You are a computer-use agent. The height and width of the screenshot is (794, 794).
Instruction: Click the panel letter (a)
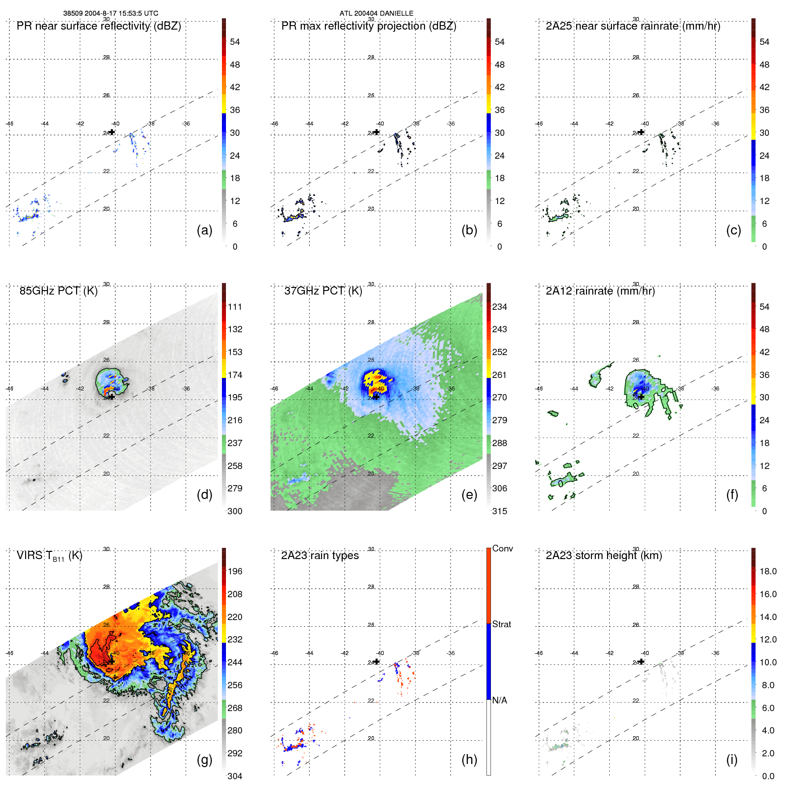(204, 230)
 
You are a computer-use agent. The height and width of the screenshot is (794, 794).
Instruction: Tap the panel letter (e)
(469, 495)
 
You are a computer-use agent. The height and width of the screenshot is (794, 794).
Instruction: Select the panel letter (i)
(732, 759)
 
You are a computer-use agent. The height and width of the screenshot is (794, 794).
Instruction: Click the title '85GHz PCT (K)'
(58, 291)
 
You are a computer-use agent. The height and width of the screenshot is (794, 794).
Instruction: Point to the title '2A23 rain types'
(320, 555)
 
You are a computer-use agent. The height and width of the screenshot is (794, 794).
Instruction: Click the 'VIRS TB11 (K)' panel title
(49, 556)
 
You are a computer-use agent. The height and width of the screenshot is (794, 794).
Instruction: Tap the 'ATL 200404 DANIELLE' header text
(376, 13)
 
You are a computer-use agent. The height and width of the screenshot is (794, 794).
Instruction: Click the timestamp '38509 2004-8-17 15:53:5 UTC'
(110, 13)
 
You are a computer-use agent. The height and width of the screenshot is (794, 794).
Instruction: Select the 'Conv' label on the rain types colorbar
(502, 548)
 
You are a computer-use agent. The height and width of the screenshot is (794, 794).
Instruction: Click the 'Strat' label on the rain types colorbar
(501, 624)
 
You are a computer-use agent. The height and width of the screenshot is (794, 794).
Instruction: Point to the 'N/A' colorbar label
(500, 700)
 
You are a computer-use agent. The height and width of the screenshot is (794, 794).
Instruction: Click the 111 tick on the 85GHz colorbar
(234, 307)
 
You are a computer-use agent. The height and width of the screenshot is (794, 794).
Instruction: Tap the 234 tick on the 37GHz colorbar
(499, 307)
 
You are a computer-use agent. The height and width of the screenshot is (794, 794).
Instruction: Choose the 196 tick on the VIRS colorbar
(234, 571)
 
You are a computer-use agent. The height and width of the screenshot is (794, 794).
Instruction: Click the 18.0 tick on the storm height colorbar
(768, 571)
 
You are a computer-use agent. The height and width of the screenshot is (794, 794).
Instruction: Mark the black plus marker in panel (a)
(112, 132)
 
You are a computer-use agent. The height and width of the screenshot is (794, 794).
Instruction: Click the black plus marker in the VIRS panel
(112, 661)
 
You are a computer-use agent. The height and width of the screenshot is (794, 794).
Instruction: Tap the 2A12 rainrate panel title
(600, 291)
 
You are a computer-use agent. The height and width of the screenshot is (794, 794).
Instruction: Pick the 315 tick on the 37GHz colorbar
(499, 511)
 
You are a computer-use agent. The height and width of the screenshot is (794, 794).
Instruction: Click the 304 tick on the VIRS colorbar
(234, 776)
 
